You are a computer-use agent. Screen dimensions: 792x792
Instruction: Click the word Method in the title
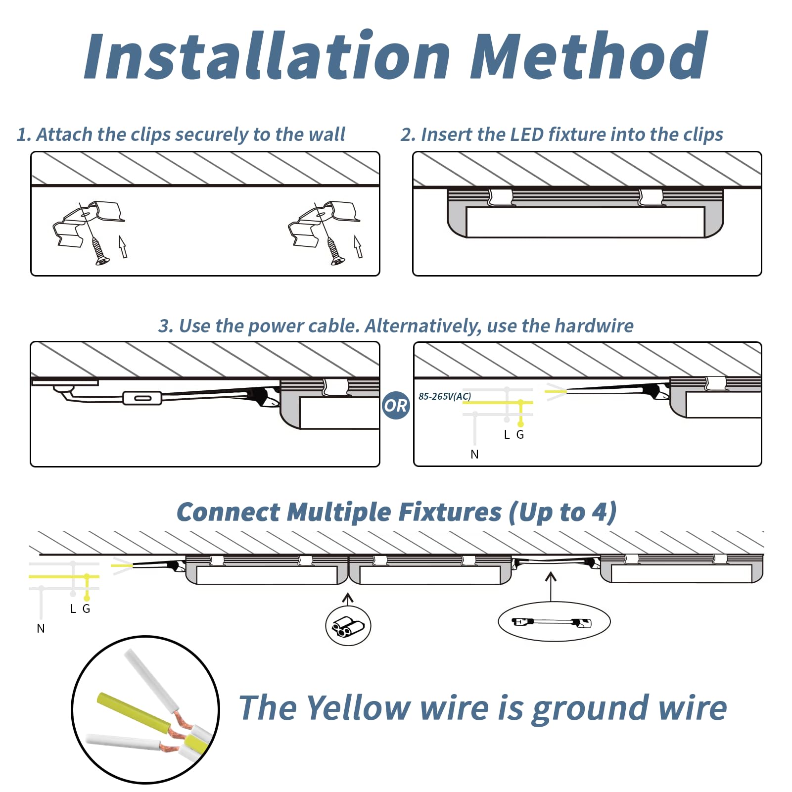coord(589,55)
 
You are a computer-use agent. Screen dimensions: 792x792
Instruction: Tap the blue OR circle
coord(396,406)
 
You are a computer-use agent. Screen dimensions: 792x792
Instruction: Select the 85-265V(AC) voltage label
coord(445,396)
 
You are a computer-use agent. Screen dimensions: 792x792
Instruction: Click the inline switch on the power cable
coord(142,398)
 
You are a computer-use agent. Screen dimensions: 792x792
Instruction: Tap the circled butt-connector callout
coord(348,626)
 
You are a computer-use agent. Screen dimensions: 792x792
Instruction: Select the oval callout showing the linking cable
coord(554,622)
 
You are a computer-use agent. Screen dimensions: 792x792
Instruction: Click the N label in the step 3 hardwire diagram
coord(474,454)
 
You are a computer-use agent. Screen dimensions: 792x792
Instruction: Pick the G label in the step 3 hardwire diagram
coord(520,435)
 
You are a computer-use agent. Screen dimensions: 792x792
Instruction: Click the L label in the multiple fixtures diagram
coord(73,609)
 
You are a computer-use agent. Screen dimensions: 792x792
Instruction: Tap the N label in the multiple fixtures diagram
coord(41,629)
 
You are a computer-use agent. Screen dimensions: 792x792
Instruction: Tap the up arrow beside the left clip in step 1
coord(123,246)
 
